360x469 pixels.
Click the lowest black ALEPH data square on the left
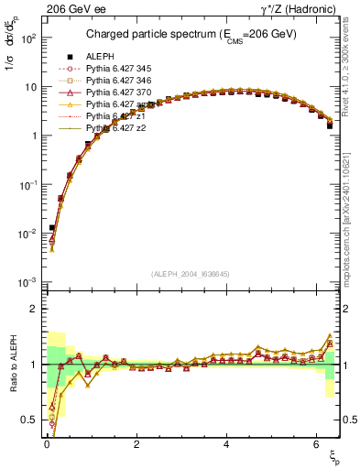click(x=52, y=227)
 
